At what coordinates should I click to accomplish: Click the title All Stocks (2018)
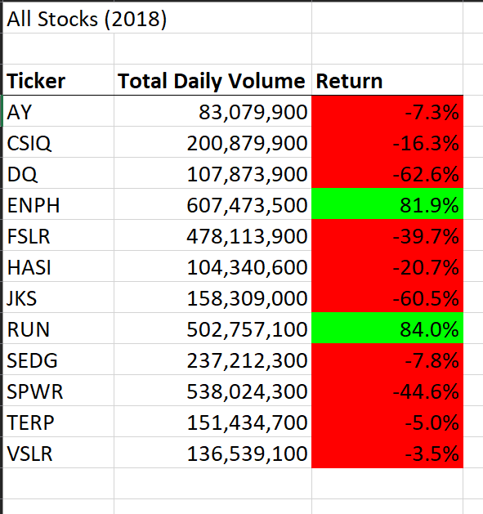87,19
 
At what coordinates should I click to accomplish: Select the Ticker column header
36,81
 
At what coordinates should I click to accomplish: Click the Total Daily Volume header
212,81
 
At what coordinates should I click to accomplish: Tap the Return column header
349,81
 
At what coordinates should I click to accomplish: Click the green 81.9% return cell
387,204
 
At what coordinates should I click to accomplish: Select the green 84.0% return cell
387,329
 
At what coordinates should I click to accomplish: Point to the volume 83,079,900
253,113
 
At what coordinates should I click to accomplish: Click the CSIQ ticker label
29,144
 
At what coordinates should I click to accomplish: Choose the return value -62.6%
426,174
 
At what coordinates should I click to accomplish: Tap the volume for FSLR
247,237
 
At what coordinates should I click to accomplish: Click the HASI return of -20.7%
426,267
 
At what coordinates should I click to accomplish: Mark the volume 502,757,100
247,330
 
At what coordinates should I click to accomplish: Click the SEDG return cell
387,360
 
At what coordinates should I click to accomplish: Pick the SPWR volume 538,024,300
247,391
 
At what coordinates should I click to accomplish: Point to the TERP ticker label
30,422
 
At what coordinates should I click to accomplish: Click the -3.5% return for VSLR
432,454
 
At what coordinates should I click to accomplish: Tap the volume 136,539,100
247,454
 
